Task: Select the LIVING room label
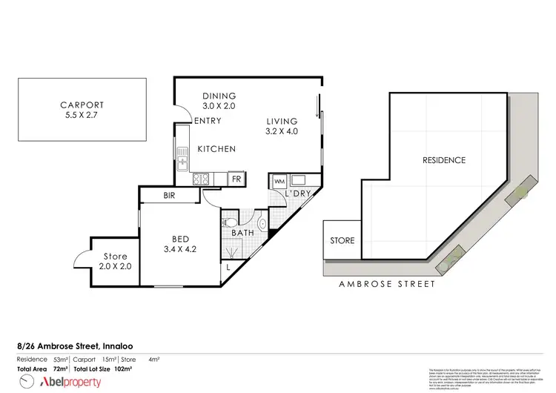(x=282, y=127)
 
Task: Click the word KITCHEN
(x=216, y=149)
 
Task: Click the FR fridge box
(x=236, y=179)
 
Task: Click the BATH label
(x=242, y=233)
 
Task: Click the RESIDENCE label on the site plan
(x=443, y=160)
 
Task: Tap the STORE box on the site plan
(x=341, y=241)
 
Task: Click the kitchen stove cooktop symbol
(x=200, y=179)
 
